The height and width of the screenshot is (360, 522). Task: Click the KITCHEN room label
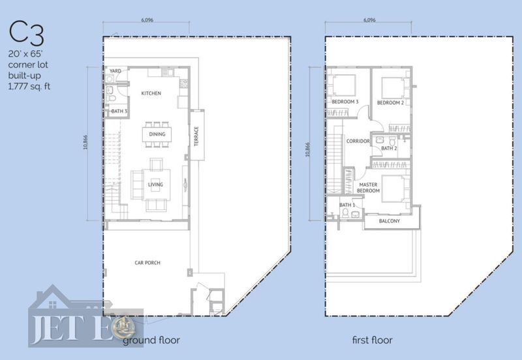(151, 93)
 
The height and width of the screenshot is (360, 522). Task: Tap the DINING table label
(157, 134)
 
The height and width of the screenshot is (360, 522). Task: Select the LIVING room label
(155, 185)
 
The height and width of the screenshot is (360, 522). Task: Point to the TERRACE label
(196, 136)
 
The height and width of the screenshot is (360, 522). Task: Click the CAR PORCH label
(147, 263)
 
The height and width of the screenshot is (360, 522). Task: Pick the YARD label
(115, 71)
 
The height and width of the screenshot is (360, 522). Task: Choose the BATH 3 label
(119, 111)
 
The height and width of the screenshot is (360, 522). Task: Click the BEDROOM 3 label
(345, 102)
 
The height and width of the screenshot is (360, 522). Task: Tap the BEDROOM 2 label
(390, 103)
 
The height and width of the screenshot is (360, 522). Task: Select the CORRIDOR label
(358, 141)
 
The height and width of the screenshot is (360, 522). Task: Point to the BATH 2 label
(389, 148)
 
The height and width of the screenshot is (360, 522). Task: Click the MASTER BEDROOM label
(368, 188)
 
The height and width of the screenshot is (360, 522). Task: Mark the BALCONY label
(390, 221)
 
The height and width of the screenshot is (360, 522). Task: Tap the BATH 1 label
(347, 205)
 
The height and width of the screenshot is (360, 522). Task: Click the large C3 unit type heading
(26, 33)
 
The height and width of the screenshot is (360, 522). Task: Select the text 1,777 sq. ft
(29, 87)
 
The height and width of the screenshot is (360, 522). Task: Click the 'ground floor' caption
(151, 340)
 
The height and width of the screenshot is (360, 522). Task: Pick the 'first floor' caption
(372, 340)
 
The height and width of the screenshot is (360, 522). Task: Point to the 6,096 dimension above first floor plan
(369, 20)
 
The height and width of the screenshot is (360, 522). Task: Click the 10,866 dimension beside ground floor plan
(85, 142)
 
